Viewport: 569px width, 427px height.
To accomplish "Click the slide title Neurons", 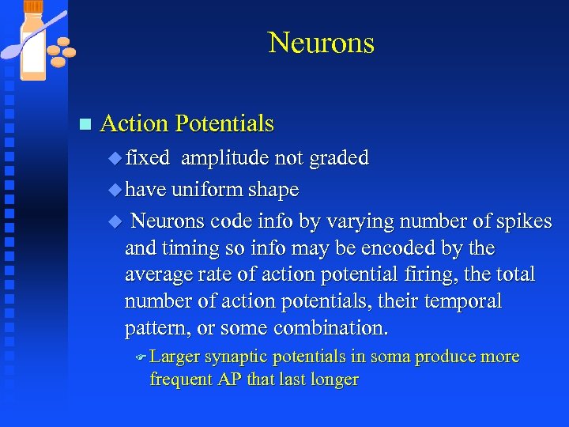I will coord(321,43).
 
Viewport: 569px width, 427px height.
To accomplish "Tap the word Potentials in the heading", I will coord(224,123).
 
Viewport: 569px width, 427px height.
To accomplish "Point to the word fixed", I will coord(148,158).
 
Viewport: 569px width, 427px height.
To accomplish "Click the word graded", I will coord(340,158).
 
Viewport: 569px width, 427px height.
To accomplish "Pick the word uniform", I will coord(205,190).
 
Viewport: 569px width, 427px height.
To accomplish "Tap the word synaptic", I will coord(237,357).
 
